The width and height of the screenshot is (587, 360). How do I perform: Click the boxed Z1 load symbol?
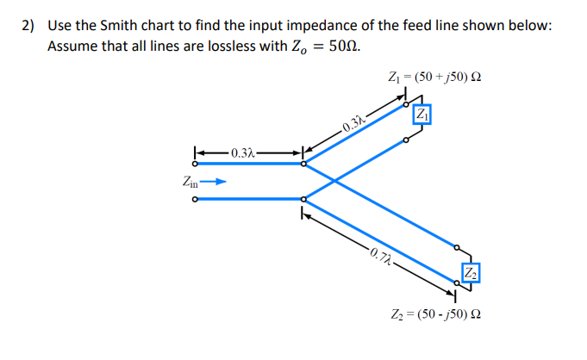(422, 115)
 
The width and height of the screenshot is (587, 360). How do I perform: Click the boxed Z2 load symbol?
(471, 272)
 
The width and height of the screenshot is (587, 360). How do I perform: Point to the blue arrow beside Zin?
(219, 182)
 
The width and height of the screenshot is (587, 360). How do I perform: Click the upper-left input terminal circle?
(196, 164)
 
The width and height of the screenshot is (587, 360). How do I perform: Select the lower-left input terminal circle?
(196, 200)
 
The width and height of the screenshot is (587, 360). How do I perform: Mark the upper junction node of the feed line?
(303, 164)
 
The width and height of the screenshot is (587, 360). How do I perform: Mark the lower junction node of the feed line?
(303, 200)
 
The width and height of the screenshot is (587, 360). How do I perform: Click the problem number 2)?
(28, 25)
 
